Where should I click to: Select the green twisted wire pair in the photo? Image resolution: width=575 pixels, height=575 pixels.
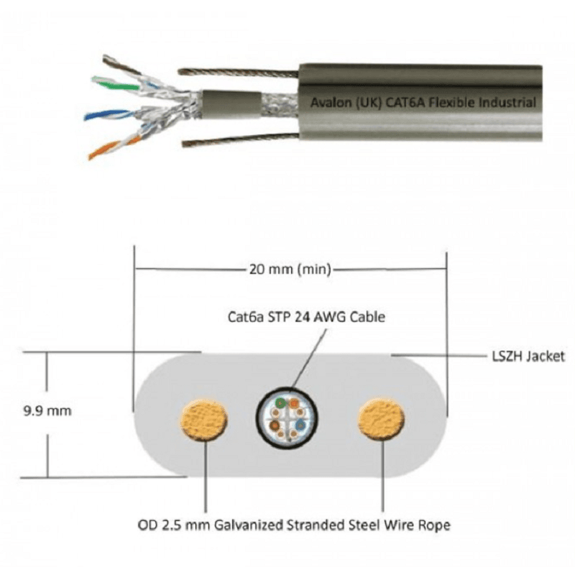(x=116, y=84)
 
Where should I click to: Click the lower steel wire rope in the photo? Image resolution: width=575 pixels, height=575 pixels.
(x=241, y=139)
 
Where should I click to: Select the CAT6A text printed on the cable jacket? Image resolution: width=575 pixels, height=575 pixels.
(x=404, y=102)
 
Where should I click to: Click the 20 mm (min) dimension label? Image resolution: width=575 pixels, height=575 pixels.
(x=290, y=269)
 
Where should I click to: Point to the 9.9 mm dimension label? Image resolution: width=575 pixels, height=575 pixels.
(x=47, y=410)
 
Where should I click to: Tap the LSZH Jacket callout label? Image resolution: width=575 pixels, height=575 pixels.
(x=528, y=356)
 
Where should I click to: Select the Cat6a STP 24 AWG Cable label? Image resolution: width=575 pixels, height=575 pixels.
(x=306, y=316)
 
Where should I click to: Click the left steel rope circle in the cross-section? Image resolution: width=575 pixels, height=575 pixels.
(x=204, y=420)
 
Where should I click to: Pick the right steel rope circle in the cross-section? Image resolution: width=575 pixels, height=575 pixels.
(x=382, y=419)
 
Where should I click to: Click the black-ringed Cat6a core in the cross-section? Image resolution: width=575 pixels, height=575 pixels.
(x=287, y=418)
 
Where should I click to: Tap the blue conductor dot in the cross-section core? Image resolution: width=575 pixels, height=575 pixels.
(x=300, y=425)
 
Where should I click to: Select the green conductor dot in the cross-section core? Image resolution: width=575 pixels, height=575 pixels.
(x=280, y=403)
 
